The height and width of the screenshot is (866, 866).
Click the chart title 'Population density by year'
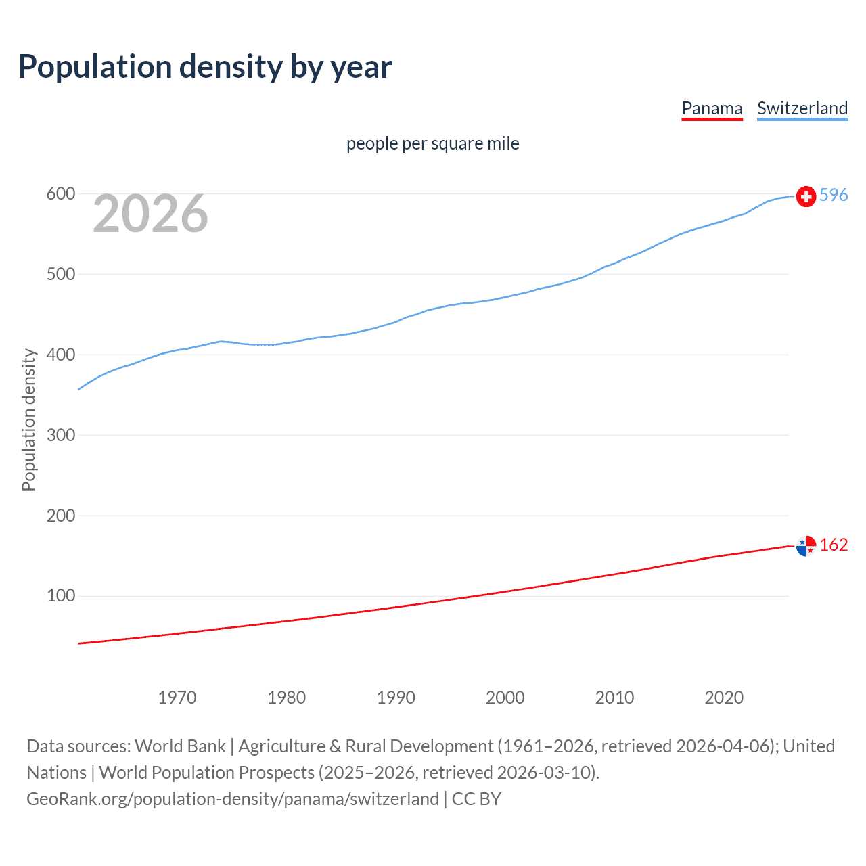pos(205,67)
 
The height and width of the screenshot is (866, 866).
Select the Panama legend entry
pos(712,108)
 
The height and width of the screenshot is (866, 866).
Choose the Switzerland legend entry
pos(802,108)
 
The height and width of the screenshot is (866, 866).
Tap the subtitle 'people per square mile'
pos(432,143)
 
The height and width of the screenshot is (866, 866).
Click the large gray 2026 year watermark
pos(150,214)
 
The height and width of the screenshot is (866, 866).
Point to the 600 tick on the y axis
pos(60,194)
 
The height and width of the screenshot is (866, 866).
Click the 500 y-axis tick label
pos(60,274)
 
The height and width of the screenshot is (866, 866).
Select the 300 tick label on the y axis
pos(60,435)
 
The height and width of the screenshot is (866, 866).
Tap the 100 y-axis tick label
pos(60,596)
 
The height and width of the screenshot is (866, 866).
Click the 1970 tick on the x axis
pos(177,698)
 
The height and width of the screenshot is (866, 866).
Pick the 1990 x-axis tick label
pos(396,698)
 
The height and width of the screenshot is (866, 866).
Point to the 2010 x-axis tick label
pos(614,698)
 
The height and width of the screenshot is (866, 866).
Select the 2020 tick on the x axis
pos(724,698)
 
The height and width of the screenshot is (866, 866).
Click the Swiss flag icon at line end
pos(806,196)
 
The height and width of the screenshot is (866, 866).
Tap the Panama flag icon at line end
pos(806,545)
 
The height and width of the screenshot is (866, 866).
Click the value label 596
pos(834,195)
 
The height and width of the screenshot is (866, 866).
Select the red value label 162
pos(834,545)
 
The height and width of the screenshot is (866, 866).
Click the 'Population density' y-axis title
pos(28,419)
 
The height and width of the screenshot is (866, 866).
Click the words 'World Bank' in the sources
pos(180,746)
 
